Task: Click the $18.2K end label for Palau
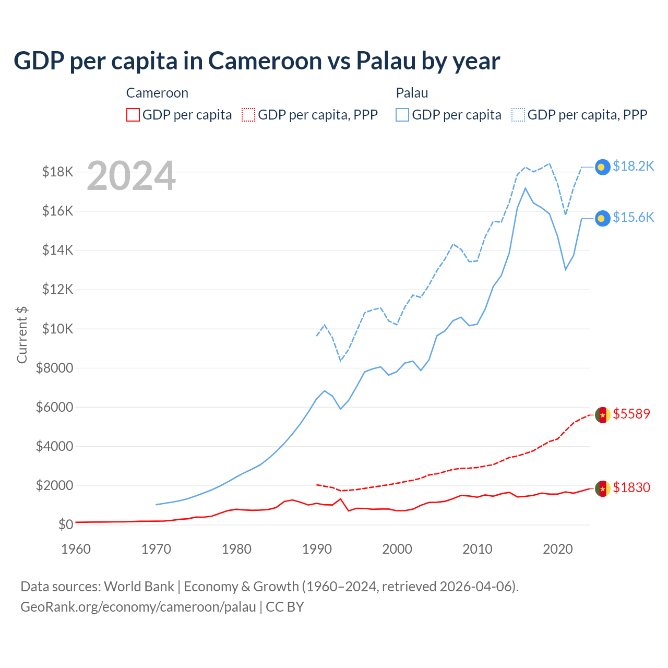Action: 633,166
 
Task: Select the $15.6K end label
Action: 633,217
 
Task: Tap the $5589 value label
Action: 631,414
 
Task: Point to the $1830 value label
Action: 631,487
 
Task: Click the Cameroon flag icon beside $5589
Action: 603,415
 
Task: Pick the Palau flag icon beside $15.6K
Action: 603,218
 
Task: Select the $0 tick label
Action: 65,524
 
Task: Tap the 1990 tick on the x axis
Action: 317,549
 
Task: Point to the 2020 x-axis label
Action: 558,549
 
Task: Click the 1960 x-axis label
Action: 76,549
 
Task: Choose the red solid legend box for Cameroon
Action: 133,115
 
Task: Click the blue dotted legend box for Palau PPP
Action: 518,115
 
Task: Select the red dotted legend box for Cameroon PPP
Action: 248,115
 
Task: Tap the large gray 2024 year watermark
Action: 131,176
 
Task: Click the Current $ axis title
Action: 22,335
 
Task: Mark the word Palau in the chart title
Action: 386,61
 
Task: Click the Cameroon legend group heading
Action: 157,93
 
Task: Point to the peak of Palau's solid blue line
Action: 525,188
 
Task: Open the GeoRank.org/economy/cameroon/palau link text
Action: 138,607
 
